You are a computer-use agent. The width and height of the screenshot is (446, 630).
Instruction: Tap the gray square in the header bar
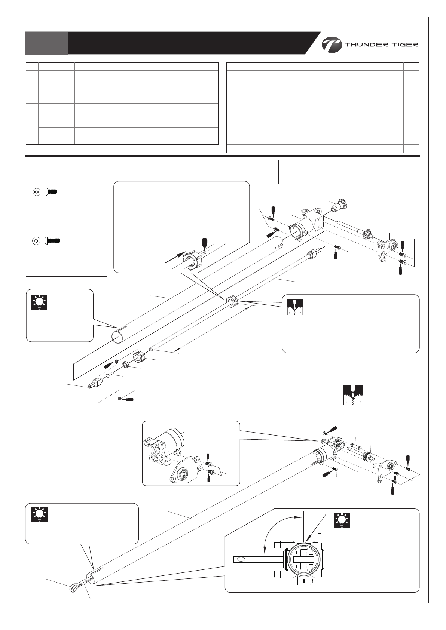[x=46, y=43]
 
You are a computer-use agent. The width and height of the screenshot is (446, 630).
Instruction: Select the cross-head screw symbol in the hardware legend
[x=37, y=192]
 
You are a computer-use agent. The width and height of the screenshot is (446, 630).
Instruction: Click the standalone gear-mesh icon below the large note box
[x=353, y=395]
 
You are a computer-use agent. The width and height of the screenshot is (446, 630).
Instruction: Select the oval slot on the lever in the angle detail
[x=241, y=559]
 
